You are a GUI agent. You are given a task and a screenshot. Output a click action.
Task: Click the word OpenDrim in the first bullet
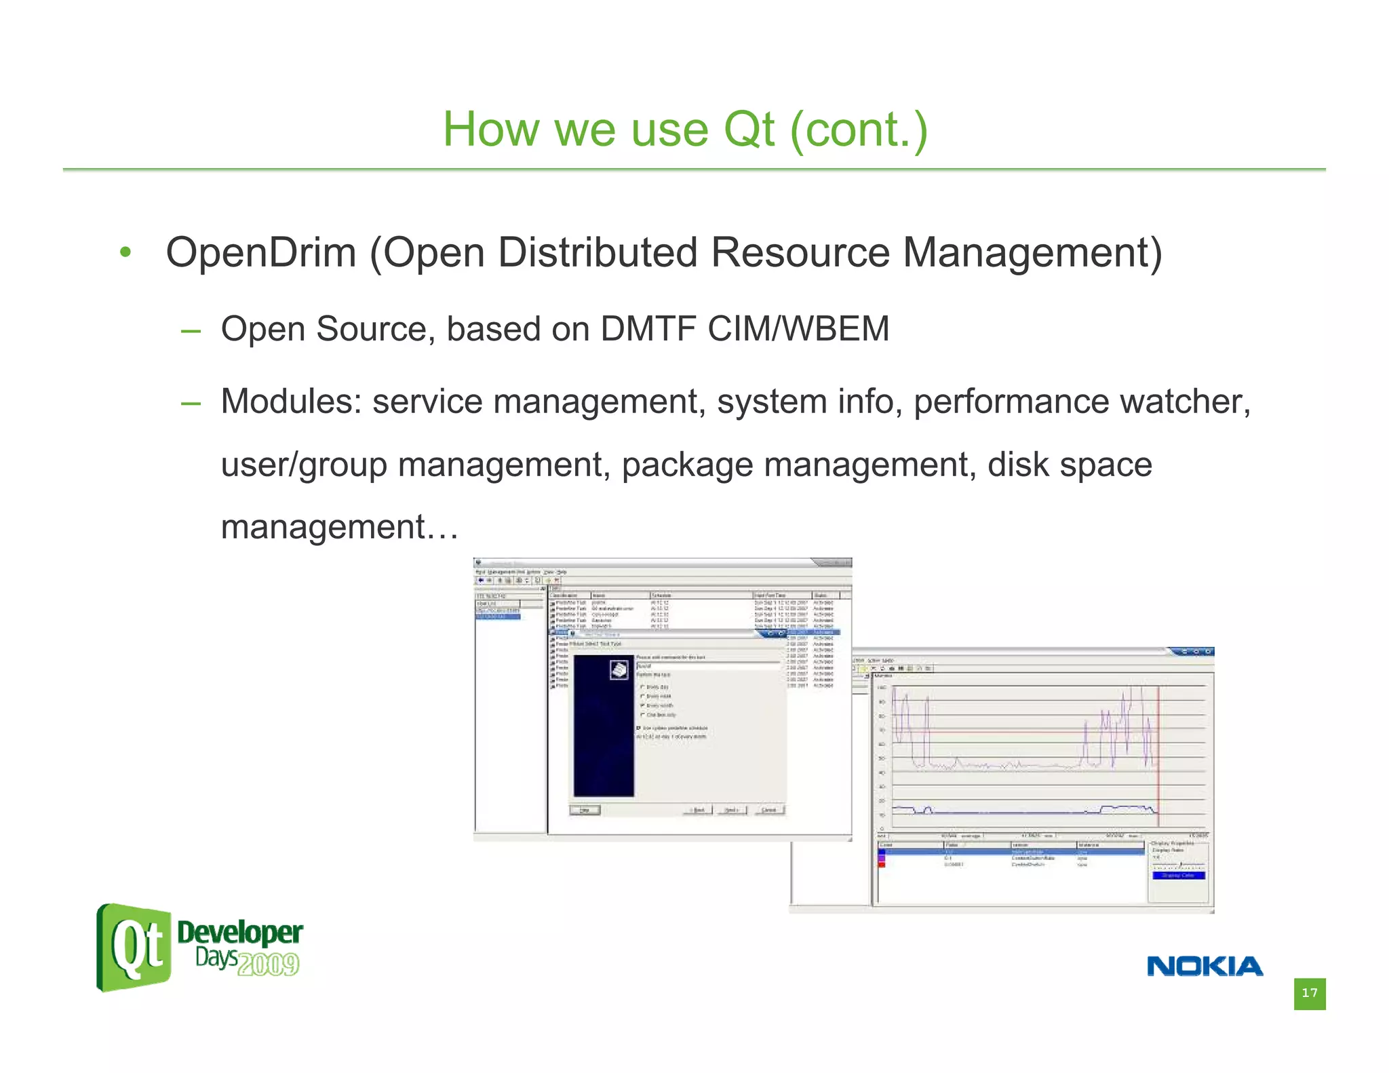(x=260, y=253)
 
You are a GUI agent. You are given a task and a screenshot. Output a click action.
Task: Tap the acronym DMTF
(x=647, y=329)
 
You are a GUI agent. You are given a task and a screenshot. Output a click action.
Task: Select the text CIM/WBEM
(x=798, y=329)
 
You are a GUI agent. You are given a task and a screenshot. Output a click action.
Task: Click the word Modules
(x=291, y=401)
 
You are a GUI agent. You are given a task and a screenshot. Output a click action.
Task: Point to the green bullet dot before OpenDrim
(x=125, y=253)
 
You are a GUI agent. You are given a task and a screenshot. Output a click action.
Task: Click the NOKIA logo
(x=1205, y=966)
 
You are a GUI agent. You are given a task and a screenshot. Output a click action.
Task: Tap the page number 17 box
(x=1309, y=993)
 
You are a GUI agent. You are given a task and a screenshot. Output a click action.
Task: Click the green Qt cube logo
(x=134, y=947)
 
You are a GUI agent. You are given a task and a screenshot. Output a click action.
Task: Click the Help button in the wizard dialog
(x=585, y=810)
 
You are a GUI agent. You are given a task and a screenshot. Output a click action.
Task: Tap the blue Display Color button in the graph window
(x=1179, y=876)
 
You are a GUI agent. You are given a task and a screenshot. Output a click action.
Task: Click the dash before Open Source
(x=191, y=331)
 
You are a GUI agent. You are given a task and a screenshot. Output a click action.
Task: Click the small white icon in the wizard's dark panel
(x=619, y=670)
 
